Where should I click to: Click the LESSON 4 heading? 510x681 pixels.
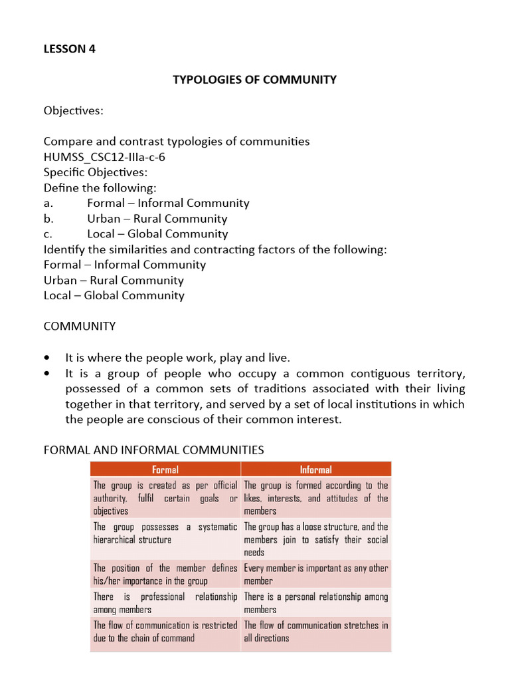click(70, 49)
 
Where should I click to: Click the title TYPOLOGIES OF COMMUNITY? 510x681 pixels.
click(254, 80)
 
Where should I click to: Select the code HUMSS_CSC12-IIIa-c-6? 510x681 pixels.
click(104, 157)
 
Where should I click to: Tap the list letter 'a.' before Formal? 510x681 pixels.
click(48, 204)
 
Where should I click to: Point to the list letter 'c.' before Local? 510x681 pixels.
click(48, 234)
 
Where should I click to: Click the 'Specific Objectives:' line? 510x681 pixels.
click(96, 172)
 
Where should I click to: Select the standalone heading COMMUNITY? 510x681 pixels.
click(80, 327)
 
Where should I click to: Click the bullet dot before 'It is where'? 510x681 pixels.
click(47, 357)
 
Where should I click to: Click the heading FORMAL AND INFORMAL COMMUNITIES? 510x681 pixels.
click(153, 450)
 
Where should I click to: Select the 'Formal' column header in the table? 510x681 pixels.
click(165, 470)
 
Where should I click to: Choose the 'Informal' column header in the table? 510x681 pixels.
click(315, 470)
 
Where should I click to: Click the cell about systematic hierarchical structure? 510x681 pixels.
click(165, 533)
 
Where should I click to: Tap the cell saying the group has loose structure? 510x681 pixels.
click(315, 539)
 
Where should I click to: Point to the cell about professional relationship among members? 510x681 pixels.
click(165, 603)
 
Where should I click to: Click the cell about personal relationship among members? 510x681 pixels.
click(315, 603)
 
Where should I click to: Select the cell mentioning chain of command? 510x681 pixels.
click(165, 631)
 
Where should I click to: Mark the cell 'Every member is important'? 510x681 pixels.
click(315, 575)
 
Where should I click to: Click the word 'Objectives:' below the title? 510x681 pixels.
click(74, 110)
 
